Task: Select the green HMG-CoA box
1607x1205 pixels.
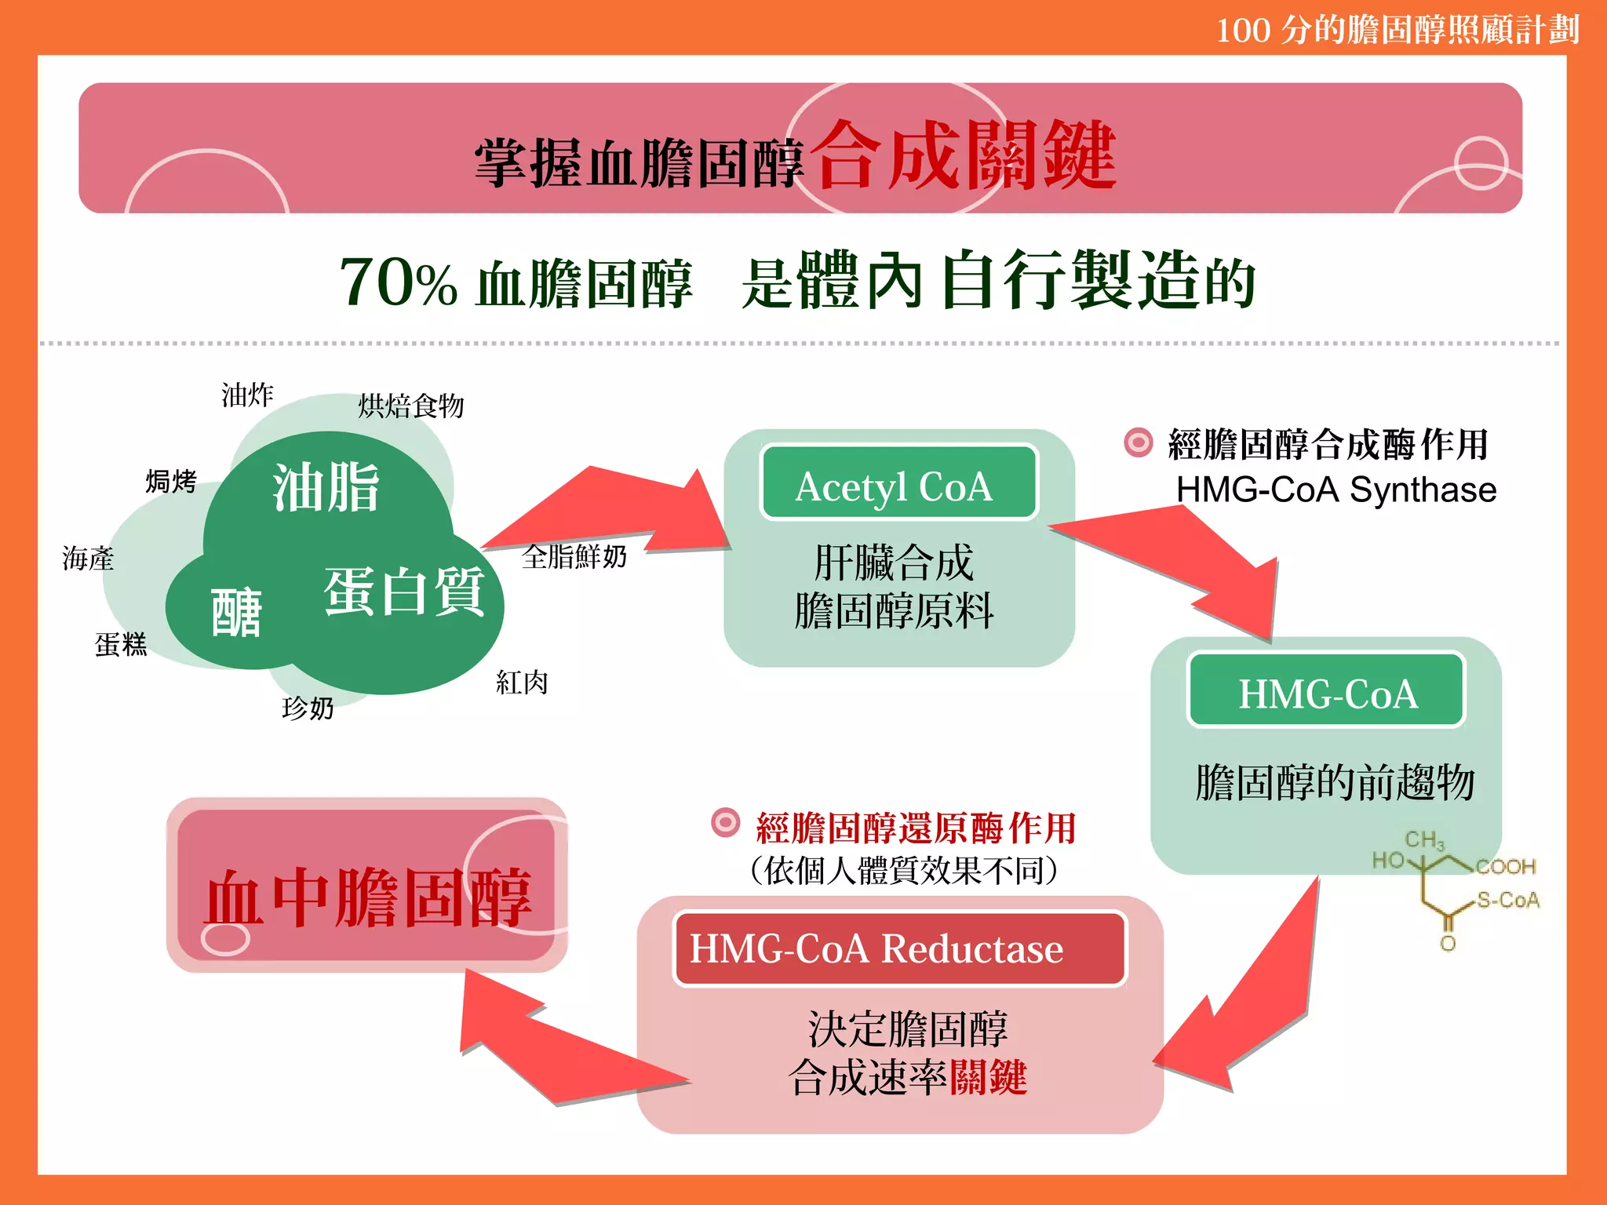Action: (1326, 691)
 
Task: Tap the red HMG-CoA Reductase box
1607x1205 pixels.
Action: (899, 948)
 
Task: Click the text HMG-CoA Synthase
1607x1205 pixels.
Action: (1336, 490)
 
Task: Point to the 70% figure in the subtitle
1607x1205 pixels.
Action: (398, 282)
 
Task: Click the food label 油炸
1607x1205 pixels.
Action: (247, 395)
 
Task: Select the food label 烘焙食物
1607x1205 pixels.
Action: (411, 406)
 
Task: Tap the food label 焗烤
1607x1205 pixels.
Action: (171, 481)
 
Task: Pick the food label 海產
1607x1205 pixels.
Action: (88, 559)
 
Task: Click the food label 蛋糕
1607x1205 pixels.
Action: (121, 644)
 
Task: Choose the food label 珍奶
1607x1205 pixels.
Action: (308, 708)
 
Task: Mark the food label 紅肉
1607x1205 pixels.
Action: (522, 682)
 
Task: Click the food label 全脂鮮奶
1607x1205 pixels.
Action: (574, 556)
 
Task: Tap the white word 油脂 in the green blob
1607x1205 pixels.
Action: (326, 488)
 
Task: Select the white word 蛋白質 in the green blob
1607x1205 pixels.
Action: (404, 592)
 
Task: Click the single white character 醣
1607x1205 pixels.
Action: (236, 613)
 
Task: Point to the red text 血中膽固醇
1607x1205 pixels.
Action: (367, 897)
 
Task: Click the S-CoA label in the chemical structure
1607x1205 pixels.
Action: (1507, 900)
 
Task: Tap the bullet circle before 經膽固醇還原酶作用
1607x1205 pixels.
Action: (725, 823)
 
